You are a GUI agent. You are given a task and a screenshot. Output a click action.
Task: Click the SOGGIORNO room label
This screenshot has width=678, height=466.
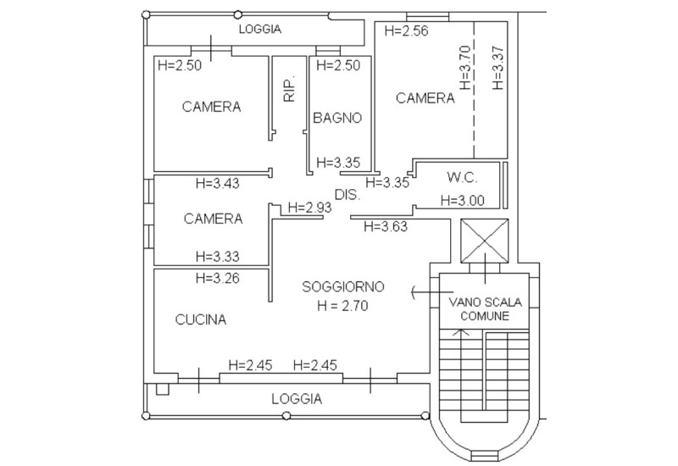(343, 286)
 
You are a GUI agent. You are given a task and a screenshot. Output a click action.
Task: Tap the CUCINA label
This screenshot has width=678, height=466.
(201, 319)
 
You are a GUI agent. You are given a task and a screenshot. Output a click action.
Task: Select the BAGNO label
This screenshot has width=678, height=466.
(337, 118)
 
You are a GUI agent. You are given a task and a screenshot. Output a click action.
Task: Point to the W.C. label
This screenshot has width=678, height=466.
(462, 177)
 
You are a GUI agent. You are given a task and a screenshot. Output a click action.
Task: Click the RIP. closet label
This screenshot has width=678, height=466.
(289, 89)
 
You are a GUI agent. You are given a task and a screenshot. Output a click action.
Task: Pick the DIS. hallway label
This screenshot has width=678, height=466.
(347, 195)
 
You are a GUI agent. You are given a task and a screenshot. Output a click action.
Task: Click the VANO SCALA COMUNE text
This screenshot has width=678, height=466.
(485, 308)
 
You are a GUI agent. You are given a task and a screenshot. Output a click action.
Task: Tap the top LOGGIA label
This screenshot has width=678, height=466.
(260, 29)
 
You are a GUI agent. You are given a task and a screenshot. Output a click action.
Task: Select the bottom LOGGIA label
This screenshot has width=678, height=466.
(297, 398)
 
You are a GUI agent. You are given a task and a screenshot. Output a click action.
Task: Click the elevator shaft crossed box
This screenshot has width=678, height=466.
(484, 241)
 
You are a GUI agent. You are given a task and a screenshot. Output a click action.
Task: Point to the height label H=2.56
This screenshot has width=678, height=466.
(406, 31)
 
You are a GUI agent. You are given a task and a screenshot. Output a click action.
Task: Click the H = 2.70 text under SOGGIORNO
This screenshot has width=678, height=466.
(342, 306)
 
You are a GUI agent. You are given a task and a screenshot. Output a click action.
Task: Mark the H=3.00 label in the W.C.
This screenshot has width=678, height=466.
(462, 200)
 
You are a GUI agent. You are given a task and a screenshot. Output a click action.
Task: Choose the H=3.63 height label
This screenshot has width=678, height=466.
(386, 226)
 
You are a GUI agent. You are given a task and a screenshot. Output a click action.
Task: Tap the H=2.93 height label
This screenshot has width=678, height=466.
(309, 208)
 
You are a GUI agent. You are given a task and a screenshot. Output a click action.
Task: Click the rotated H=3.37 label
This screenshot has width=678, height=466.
(498, 68)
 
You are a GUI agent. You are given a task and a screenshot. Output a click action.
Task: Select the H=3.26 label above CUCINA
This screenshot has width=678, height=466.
(218, 278)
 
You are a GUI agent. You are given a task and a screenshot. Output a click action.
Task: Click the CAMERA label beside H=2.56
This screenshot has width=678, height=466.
(425, 98)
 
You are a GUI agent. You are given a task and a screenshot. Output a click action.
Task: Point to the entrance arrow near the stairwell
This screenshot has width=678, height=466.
(432, 292)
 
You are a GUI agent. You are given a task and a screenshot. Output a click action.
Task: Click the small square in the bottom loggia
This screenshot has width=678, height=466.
(162, 389)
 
